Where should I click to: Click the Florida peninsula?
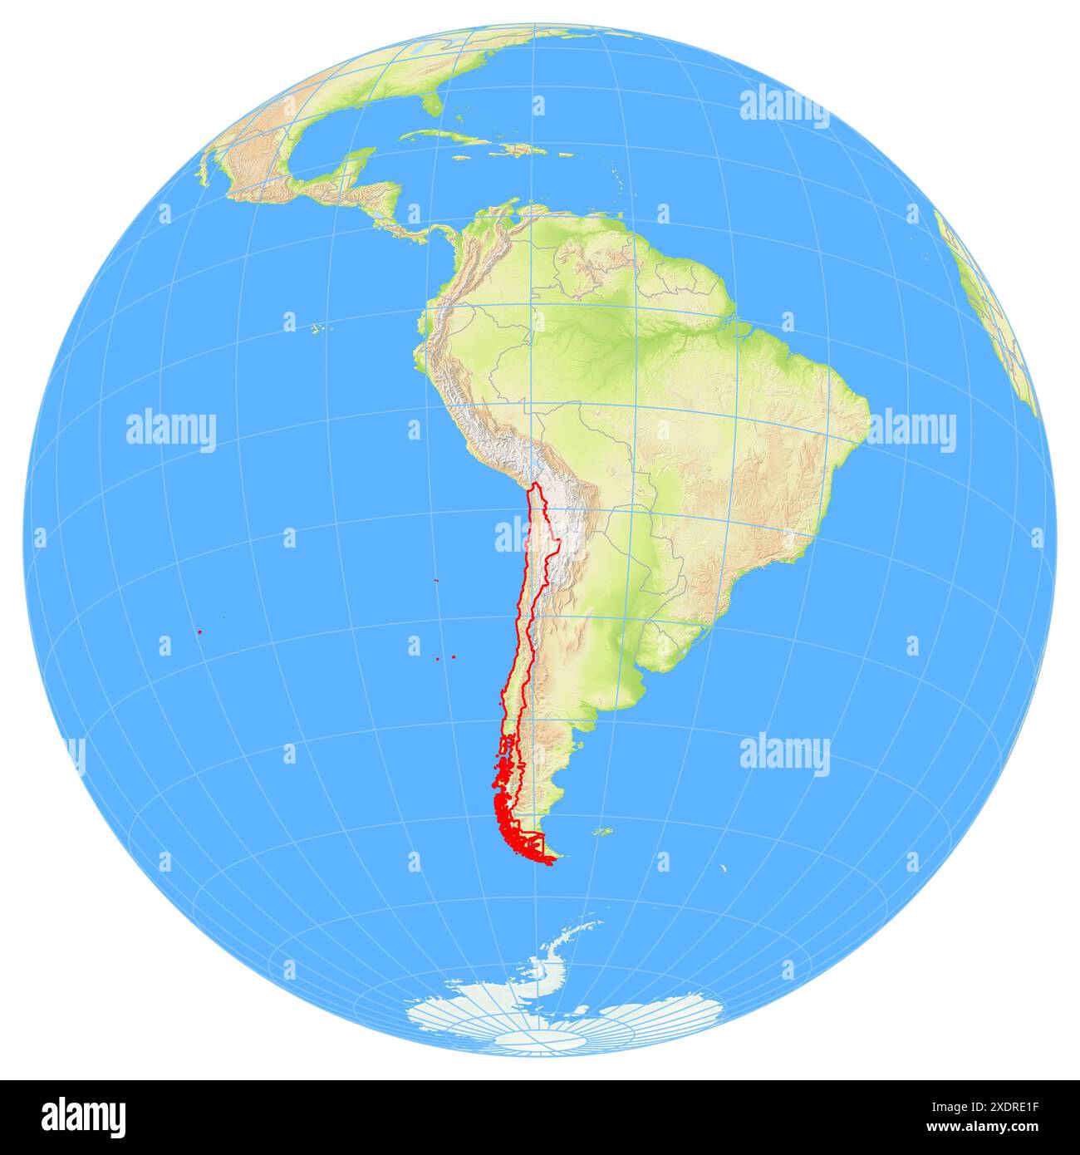tap(430, 105)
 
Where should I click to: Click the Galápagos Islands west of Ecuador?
tap(319, 329)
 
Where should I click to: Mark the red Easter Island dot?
tap(200, 632)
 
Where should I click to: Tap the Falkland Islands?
tap(601, 831)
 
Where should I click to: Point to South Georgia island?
tap(723, 870)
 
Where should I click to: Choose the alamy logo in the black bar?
tap(84, 1117)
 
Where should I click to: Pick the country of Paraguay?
tap(636, 540)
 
